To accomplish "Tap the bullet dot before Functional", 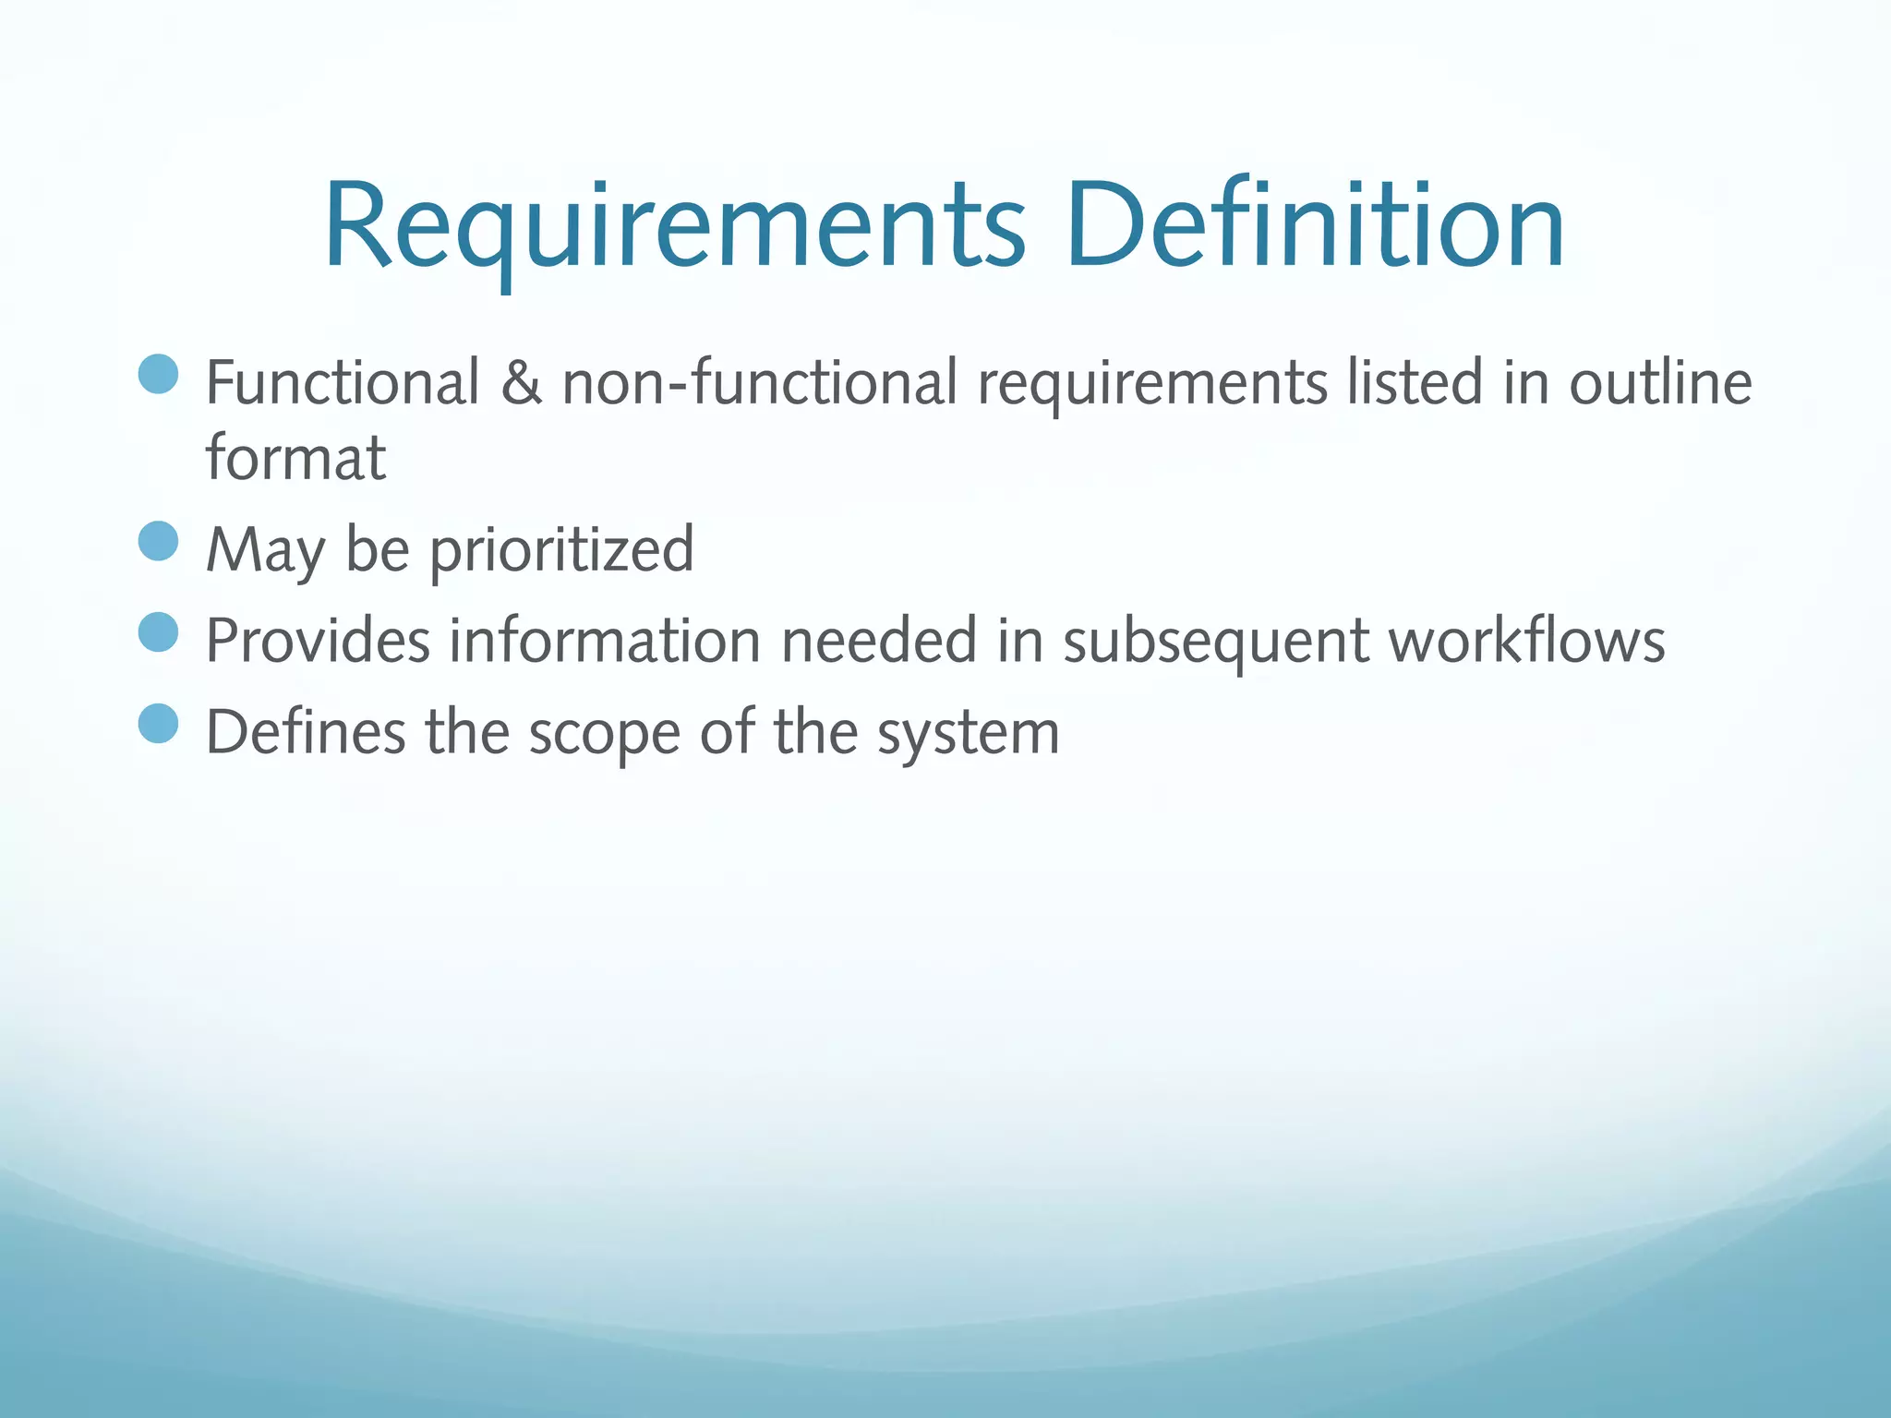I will tap(158, 374).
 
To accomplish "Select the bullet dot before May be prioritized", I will tap(158, 541).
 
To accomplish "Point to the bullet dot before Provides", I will tap(158, 632).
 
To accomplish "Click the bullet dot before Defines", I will tap(158, 723).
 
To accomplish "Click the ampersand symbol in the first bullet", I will tap(521, 382).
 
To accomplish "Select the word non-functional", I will tap(760, 382).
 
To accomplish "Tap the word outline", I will tap(1660, 382).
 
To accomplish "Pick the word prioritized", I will tap(561, 550).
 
